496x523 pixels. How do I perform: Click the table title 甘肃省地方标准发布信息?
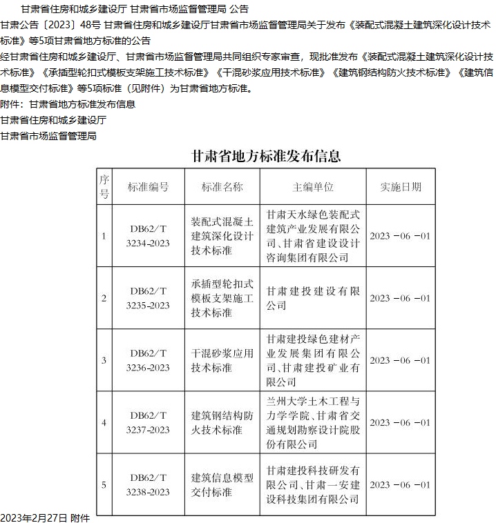click(x=266, y=157)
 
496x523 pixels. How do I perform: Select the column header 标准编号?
click(x=148, y=187)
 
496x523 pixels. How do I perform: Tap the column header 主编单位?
click(x=313, y=187)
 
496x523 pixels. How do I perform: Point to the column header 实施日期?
click(x=401, y=187)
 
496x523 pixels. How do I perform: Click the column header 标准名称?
click(x=222, y=187)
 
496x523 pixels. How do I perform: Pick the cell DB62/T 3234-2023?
click(x=148, y=236)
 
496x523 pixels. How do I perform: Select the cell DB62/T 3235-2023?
click(x=148, y=298)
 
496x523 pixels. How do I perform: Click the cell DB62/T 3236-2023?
click(x=148, y=360)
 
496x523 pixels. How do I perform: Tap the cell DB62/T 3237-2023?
click(x=148, y=422)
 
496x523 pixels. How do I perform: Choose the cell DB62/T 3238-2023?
click(x=148, y=484)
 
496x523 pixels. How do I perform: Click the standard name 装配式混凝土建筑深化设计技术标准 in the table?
click(x=222, y=236)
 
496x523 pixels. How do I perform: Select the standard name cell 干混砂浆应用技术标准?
click(x=222, y=360)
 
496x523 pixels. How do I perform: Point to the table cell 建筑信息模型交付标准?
click(x=222, y=484)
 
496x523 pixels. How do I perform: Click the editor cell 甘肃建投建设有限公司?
click(x=313, y=298)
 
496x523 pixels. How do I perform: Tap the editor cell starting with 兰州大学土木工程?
click(x=313, y=422)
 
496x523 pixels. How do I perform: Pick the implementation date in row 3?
click(x=400, y=360)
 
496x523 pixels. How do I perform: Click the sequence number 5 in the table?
click(x=104, y=484)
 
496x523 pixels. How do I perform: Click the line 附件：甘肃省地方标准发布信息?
click(x=68, y=104)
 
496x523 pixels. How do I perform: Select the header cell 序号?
click(x=104, y=187)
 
